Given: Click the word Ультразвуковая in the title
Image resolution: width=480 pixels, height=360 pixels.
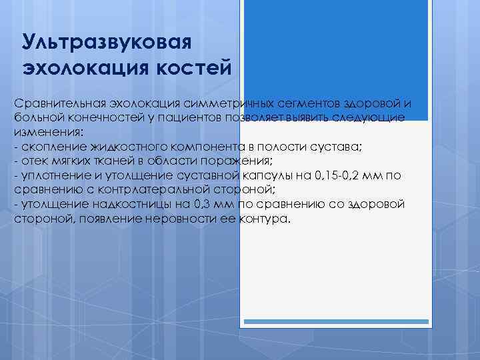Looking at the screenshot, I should click(x=107, y=41).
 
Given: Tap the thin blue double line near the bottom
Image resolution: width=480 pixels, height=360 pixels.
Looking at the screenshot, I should click(x=335, y=323).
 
